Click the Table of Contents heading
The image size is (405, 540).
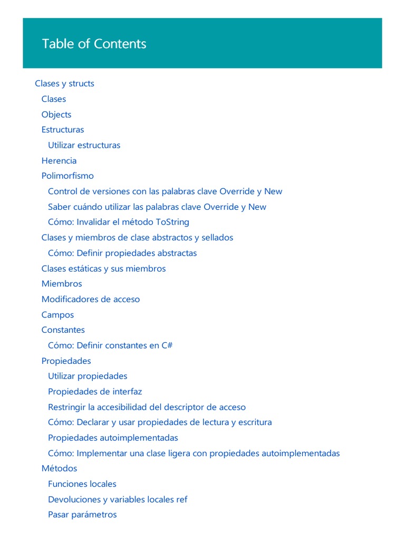pos(94,44)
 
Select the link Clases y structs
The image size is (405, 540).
pos(64,83)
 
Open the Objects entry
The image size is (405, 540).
pos(56,114)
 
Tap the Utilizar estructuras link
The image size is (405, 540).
pos(84,145)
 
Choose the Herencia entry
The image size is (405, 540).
pos(59,160)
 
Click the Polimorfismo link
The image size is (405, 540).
pos(67,176)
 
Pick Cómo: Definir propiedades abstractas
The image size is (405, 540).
pos(122,253)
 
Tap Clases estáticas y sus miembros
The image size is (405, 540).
pos(103,268)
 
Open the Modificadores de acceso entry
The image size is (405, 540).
pos(90,299)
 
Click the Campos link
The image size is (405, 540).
pos(57,315)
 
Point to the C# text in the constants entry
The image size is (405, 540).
pos(167,345)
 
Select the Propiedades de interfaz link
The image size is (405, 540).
pos(94,391)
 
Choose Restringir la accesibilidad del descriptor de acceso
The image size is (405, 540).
pos(147,407)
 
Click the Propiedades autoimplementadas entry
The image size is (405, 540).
pos(113,438)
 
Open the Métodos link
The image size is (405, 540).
pos(59,468)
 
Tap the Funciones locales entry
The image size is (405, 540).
pos(82,484)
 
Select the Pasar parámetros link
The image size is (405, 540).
pos(82,514)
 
